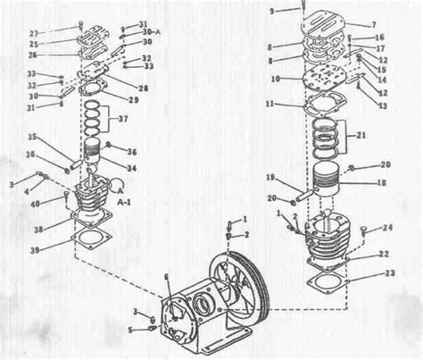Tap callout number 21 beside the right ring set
click(x=361, y=136)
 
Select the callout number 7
click(x=376, y=23)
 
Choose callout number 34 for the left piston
click(x=132, y=168)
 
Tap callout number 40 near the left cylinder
click(x=36, y=205)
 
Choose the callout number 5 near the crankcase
click(x=130, y=329)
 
